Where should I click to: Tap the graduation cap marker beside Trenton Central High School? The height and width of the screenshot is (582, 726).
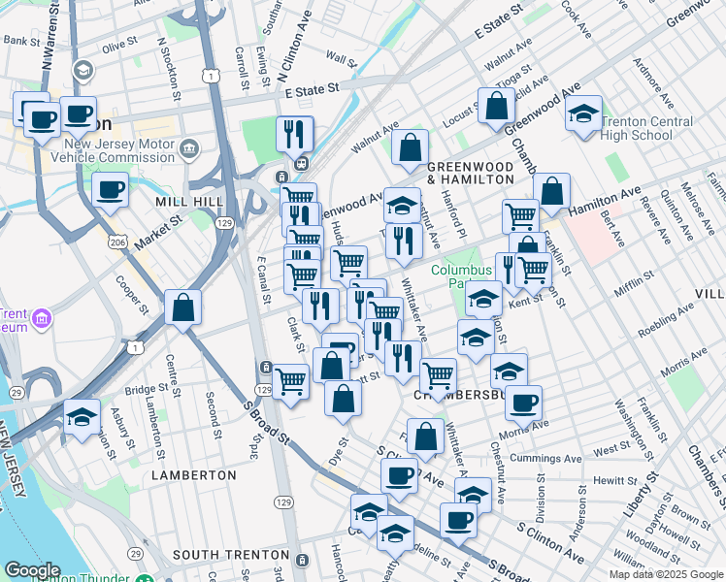pos(583,113)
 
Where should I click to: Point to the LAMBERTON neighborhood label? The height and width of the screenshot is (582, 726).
pos(193,475)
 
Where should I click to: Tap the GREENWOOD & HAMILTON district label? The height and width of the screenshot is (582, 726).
pos(470,173)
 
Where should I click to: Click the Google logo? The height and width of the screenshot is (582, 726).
pos(32,570)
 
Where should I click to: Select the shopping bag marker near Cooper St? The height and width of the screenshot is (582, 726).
pos(182,308)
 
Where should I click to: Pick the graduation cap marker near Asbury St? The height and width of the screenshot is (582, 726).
pos(82,417)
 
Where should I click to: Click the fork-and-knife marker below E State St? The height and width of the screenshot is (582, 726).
pos(294,133)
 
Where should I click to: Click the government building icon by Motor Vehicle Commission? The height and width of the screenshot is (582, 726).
pos(189,149)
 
